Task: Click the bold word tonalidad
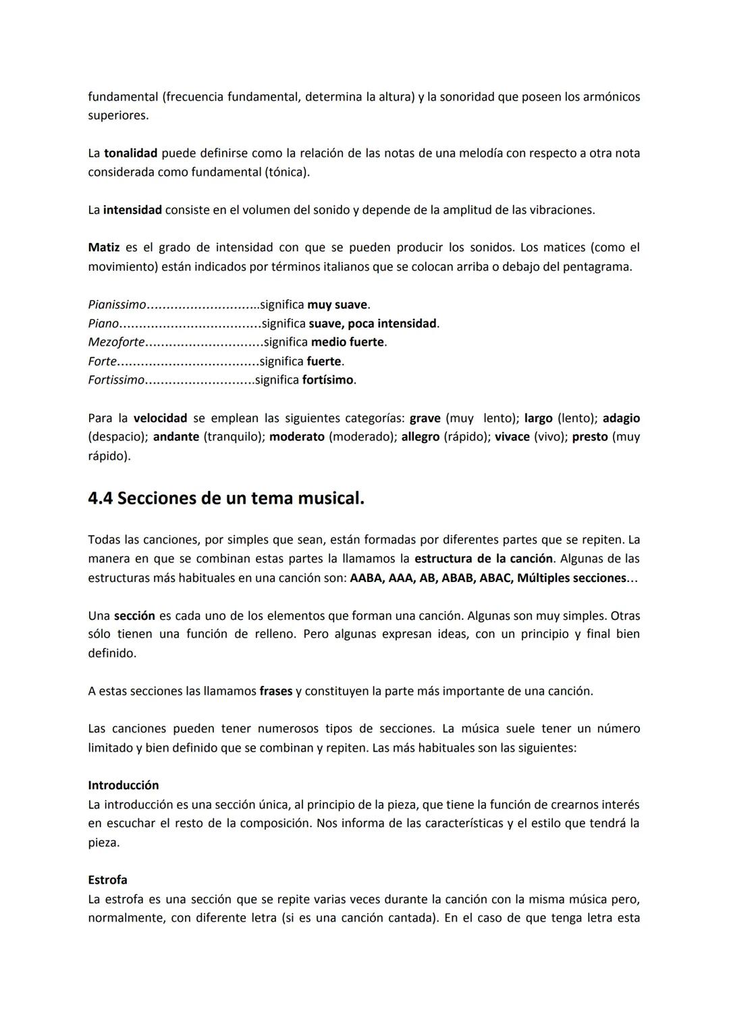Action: coord(130,153)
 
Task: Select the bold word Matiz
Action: coord(103,248)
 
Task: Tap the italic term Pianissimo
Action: coord(117,305)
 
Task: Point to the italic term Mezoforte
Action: coord(116,342)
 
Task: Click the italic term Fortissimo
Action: coord(116,380)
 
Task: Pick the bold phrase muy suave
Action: coord(337,305)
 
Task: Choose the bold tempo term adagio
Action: coord(621,418)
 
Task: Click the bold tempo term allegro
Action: coord(420,437)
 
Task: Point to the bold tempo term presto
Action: coord(590,437)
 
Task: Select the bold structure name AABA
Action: coord(367,578)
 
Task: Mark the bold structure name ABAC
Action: coord(494,578)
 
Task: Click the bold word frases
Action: coord(276,691)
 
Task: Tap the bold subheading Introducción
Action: coord(124,785)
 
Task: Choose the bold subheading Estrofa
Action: coord(107,880)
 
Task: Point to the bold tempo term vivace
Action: coord(512,437)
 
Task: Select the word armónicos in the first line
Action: coord(612,97)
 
